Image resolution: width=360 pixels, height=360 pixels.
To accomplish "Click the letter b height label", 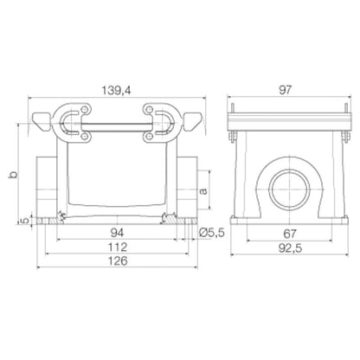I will [11, 175].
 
